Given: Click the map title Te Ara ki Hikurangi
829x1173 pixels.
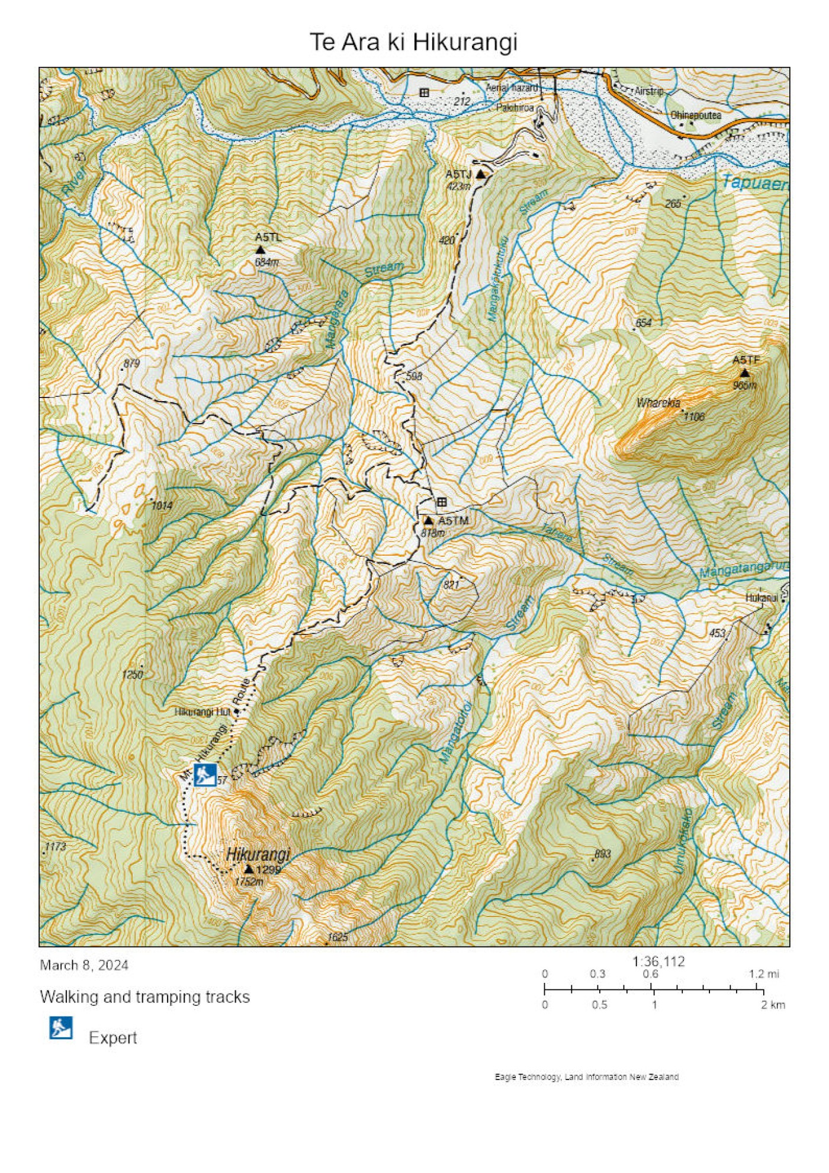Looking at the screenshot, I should pyautogui.click(x=413, y=42).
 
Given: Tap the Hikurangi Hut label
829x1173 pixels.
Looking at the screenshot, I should pyautogui.click(x=201, y=712).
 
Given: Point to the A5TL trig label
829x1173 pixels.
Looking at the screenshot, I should pyautogui.click(x=268, y=237).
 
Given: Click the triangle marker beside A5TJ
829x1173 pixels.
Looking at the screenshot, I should pyautogui.click(x=481, y=175).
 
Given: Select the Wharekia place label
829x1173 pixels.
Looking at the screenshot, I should pyautogui.click(x=658, y=403).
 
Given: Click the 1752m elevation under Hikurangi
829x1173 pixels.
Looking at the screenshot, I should pyautogui.click(x=249, y=882).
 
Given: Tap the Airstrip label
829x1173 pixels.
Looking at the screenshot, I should pyautogui.click(x=649, y=91).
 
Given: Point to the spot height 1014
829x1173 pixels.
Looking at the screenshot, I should pyautogui.click(x=162, y=505).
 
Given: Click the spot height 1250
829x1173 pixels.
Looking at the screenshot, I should pyautogui.click(x=132, y=674).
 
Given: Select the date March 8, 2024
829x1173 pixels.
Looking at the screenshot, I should pyautogui.click(x=84, y=965).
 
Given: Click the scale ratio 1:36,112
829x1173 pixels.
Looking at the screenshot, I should pyautogui.click(x=658, y=961).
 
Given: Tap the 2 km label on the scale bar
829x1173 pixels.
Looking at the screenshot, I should pyautogui.click(x=772, y=1005).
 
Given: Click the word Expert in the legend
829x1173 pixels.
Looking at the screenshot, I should pyautogui.click(x=113, y=1037).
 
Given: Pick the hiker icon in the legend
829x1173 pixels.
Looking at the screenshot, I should pyautogui.click(x=60, y=1028).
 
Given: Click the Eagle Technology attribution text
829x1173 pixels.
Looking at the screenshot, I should pyautogui.click(x=586, y=1076).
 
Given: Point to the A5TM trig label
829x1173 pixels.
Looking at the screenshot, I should pyautogui.click(x=453, y=520).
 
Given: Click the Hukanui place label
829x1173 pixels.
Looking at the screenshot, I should pyautogui.click(x=761, y=598).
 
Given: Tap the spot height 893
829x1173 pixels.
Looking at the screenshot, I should pyautogui.click(x=602, y=854).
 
